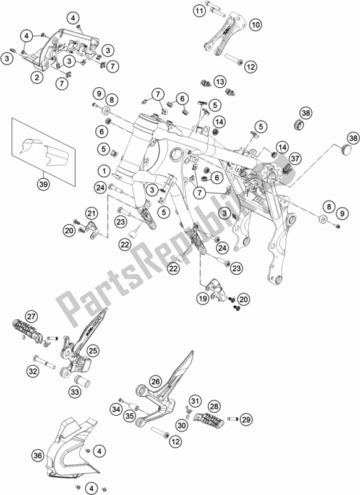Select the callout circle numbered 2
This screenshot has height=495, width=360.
(37, 77)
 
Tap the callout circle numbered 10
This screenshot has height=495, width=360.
(255, 25)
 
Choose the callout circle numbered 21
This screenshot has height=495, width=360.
(92, 212)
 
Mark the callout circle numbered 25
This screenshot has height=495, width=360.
(93, 351)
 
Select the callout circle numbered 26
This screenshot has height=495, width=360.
(155, 382)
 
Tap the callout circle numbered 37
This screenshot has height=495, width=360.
(294, 159)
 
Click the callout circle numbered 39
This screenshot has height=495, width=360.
(42, 184)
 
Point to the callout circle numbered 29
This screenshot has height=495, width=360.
(246, 420)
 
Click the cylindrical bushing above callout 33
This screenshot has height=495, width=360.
(80, 378)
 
